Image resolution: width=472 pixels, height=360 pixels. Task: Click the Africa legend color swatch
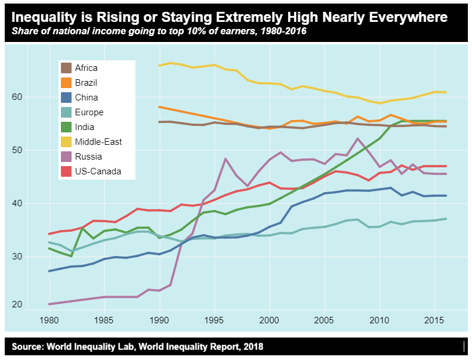[x=67, y=68]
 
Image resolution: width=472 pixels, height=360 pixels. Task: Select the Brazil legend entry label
[x=86, y=83]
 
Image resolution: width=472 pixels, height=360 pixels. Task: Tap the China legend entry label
[x=86, y=98]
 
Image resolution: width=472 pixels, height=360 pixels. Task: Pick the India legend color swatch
[x=67, y=127]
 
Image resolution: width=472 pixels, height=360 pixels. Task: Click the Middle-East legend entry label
[x=98, y=142]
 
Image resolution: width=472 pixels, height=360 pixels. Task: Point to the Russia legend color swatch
[x=67, y=157]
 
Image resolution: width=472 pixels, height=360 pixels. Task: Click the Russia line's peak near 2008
[x=358, y=138]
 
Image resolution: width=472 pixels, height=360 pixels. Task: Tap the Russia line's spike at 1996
[x=225, y=158]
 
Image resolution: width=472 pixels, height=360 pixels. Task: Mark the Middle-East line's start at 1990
[x=159, y=66]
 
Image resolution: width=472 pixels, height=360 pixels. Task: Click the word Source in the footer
[x=28, y=346]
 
